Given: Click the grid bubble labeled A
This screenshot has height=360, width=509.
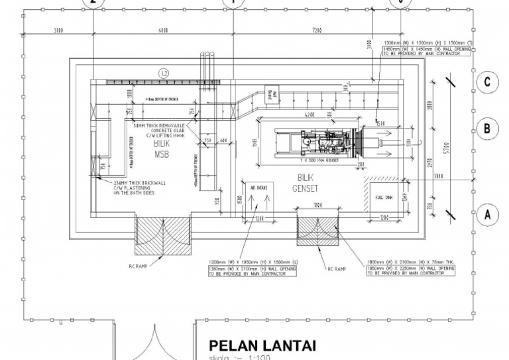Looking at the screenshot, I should [487, 214].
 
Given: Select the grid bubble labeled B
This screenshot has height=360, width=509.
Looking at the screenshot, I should [487, 128].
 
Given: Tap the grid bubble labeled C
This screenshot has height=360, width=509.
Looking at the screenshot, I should [487, 82].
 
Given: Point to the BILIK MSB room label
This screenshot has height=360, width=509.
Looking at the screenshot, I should [161, 149].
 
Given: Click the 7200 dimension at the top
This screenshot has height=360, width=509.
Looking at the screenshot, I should [316, 30].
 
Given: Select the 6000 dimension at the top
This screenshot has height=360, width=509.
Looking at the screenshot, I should [163, 30].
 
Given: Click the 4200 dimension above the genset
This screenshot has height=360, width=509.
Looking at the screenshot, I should [309, 115].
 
